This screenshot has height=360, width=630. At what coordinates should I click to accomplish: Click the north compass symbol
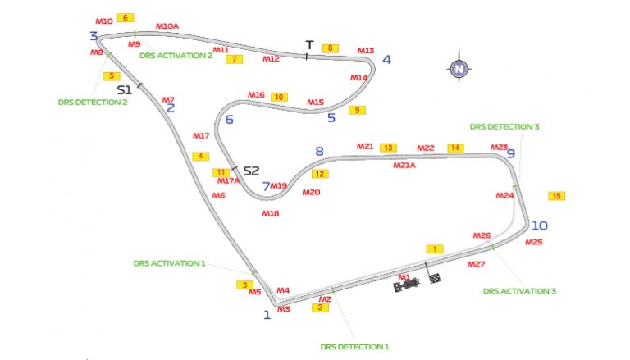coord(459,68)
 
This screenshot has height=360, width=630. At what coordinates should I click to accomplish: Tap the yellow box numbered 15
coord(557,196)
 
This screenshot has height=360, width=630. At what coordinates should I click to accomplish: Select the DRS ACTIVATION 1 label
coord(169,264)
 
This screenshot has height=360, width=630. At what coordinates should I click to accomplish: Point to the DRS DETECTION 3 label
coord(504,127)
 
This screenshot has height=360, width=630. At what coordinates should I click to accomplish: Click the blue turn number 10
coord(539,226)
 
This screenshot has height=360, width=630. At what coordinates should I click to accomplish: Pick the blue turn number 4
coord(386,59)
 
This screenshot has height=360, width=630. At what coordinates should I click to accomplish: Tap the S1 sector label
coord(125,89)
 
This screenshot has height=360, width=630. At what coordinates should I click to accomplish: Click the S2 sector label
coord(251,171)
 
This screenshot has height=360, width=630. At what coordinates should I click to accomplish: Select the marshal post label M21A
coord(404,165)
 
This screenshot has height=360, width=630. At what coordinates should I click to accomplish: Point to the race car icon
coord(409,285)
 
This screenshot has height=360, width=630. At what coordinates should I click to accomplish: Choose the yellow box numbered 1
coord(434,248)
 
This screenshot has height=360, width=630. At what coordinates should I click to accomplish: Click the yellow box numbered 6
coord(126,17)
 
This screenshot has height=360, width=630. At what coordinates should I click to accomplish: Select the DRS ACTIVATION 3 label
coord(520,290)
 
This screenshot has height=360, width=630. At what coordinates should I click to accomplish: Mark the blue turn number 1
coord(267,314)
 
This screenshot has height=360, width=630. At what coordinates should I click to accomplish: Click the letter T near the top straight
coord(309,44)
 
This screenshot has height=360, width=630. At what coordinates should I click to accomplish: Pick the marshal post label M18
coord(271,213)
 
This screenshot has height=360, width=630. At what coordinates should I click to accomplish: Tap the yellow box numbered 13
coord(388,148)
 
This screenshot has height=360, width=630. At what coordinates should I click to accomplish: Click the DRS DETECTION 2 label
coord(93,103)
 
